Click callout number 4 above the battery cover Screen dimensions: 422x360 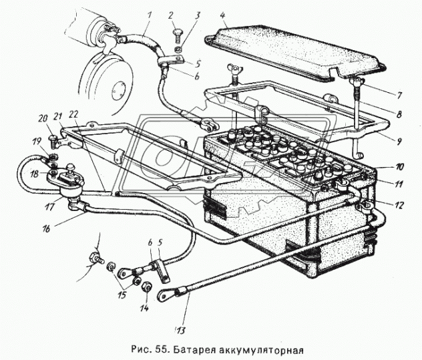(x=223, y=15)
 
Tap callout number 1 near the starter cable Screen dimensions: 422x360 (x=150, y=15)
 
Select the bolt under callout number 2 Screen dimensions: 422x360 (x=178, y=35)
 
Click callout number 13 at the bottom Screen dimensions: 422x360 (x=180, y=330)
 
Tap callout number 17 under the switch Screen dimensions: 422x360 (x=50, y=207)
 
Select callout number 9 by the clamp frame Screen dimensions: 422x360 (x=399, y=141)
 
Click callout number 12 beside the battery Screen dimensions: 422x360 (x=399, y=205)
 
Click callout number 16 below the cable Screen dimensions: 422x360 (x=46, y=229)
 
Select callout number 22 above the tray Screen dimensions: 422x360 (x=73, y=115)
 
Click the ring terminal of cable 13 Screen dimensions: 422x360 (x=164, y=296)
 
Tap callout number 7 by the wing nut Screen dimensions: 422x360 (x=399, y=95)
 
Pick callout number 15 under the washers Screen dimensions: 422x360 (x=122, y=295)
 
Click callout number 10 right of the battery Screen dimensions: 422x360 (x=400, y=167)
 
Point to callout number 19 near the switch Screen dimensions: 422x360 (x=37, y=141)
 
